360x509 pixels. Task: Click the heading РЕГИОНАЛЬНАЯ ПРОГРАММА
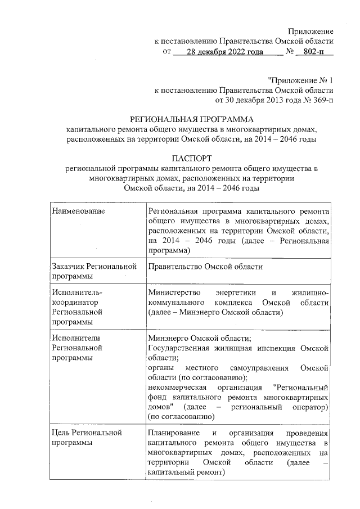[x=192, y=120]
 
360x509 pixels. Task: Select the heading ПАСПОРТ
[x=191, y=159]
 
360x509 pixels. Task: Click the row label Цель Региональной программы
[x=86, y=437]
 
